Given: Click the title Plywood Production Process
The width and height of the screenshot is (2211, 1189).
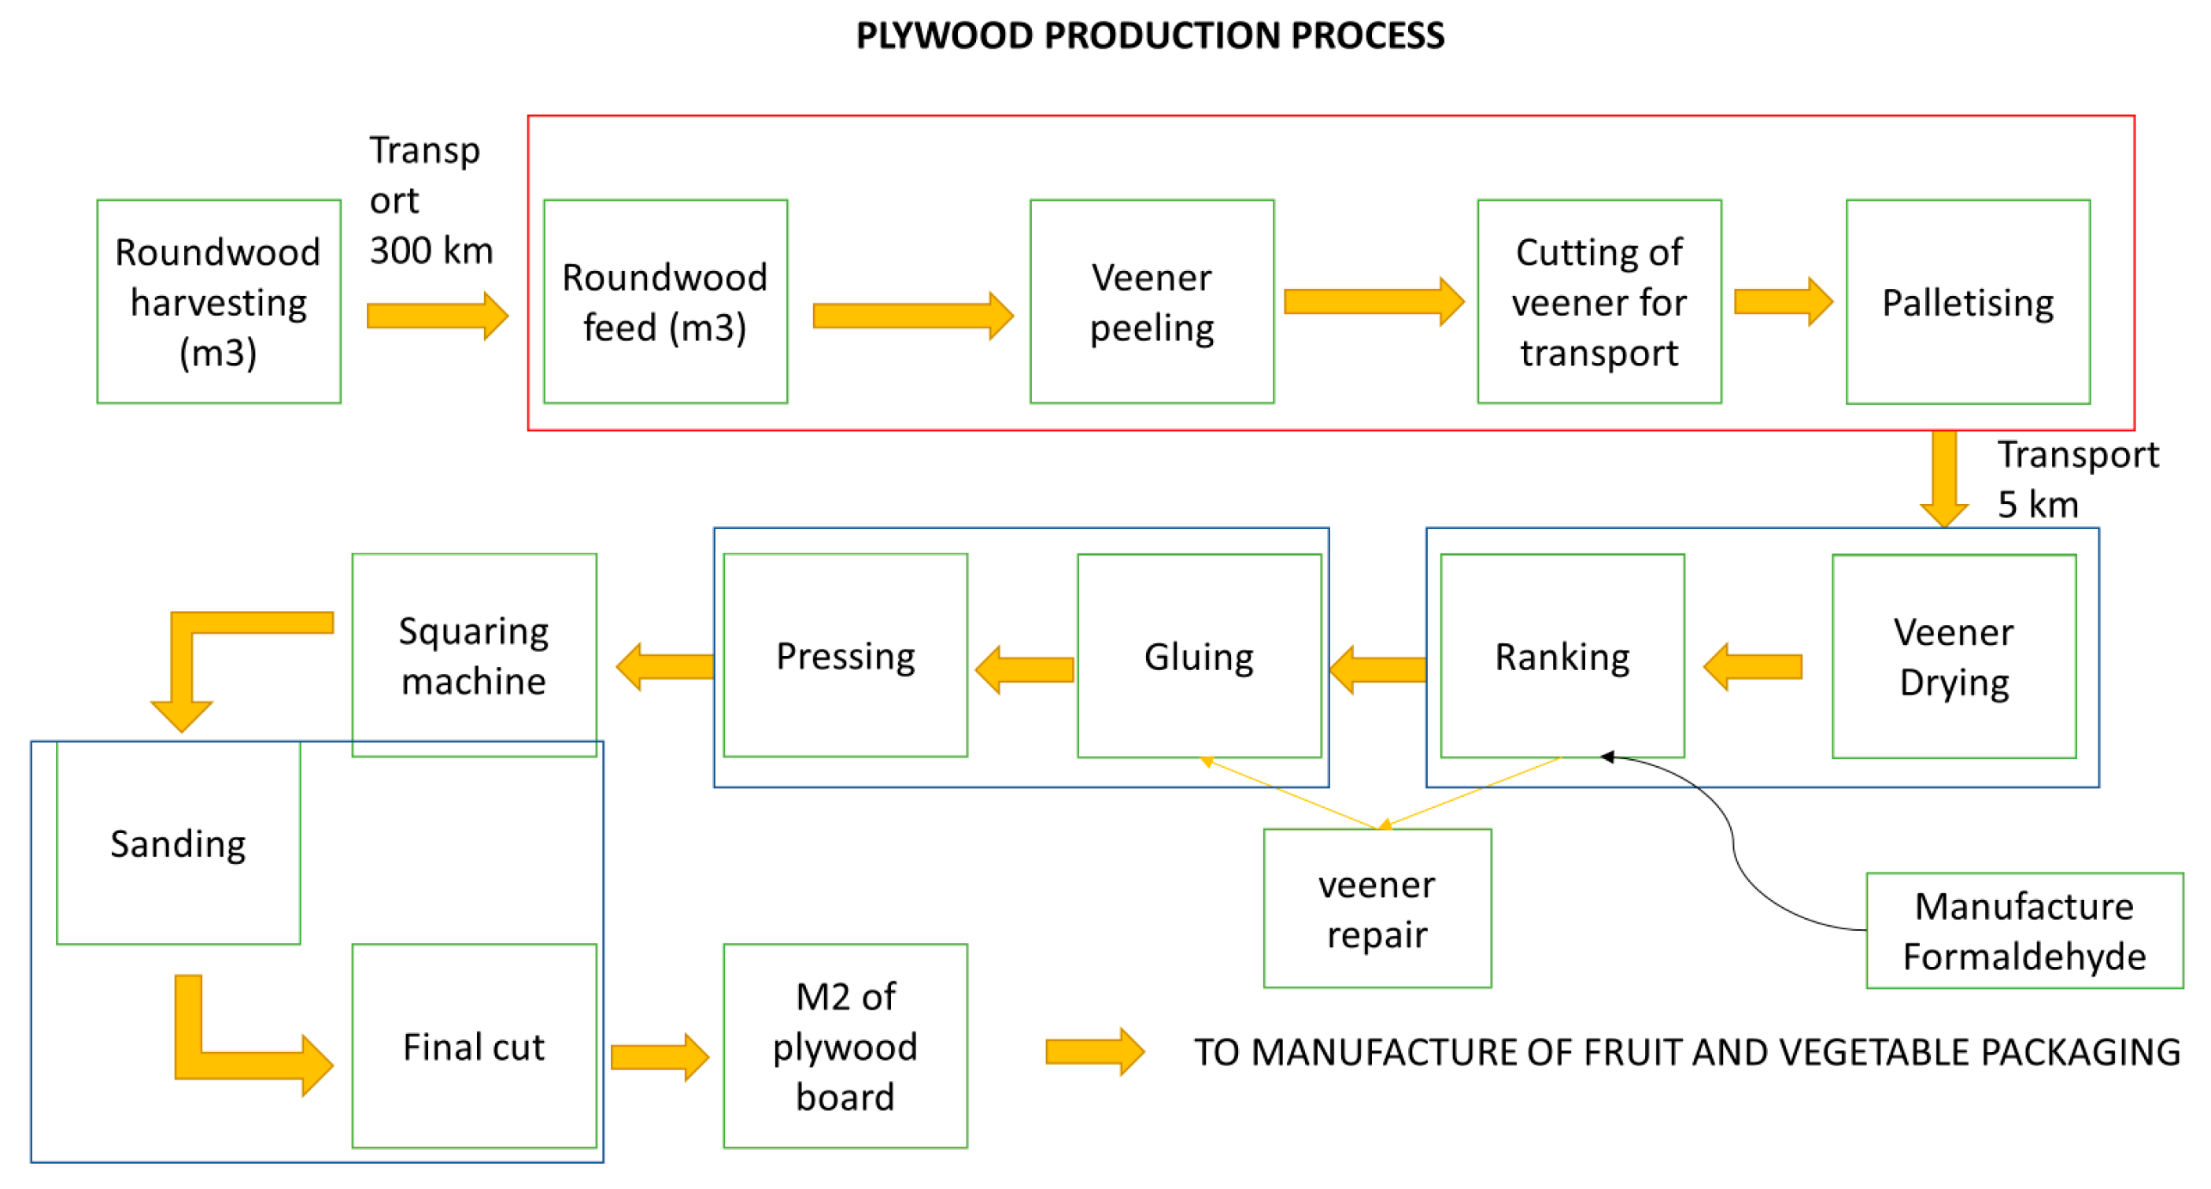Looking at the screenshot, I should pyautogui.click(x=1149, y=36).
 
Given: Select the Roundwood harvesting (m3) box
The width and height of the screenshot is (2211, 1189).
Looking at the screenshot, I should pyautogui.click(x=218, y=302).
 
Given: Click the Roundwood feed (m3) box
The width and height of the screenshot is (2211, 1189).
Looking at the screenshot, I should pyautogui.click(x=664, y=302).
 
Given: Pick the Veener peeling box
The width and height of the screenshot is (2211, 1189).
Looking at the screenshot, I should pyautogui.click(x=1151, y=302).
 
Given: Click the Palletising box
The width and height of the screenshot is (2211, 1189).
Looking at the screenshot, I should pyautogui.click(x=1967, y=302).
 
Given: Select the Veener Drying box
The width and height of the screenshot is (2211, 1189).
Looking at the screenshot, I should pyautogui.click(x=1954, y=657).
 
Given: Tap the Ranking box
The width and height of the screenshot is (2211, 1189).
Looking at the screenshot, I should pyautogui.click(x=1562, y=657).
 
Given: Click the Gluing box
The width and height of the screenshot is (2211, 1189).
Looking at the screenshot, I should pyautogui.click(x=1198, y=657).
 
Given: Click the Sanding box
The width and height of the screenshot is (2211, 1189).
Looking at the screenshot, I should pyautogui.click(x=178, y=843).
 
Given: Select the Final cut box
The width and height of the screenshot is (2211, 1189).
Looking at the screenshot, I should pyautogui.click(x=474, y=1046).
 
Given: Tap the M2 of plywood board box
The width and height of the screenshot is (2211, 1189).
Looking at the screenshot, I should pyautogui.click(x=845, y=1046).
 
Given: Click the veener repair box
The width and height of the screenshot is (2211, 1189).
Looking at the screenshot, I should pyautogui.click(x=1377, y=908).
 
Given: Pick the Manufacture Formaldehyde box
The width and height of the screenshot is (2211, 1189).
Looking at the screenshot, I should pyautogui.click(x=2024, y=931).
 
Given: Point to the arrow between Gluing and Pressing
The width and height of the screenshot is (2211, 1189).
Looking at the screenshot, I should pyautogui.click(x=1024, y=669).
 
